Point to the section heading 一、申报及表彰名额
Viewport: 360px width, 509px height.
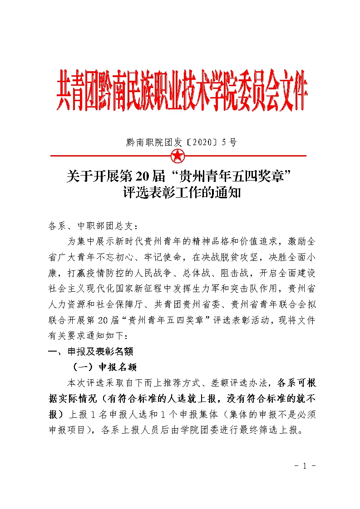(90, 351)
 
